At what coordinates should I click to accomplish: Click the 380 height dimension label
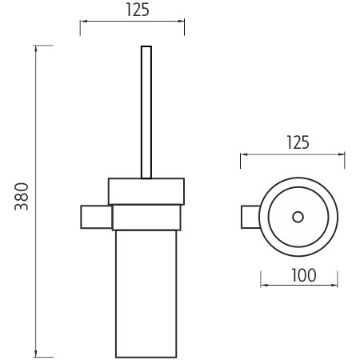coord(22,196)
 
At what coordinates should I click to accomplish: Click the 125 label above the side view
coord(138,10)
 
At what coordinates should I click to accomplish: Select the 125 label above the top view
coord(298,142)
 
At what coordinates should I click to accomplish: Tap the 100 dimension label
coord(304,275)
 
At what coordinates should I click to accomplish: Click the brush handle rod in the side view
coord(146,112)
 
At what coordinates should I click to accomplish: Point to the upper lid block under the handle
coord(146,191)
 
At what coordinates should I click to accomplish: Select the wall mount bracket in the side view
coord(96,217)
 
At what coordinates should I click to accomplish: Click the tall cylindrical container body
coord(146,294)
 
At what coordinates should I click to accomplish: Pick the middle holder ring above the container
coord(146,218)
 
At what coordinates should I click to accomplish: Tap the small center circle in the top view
coord(298,217)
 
